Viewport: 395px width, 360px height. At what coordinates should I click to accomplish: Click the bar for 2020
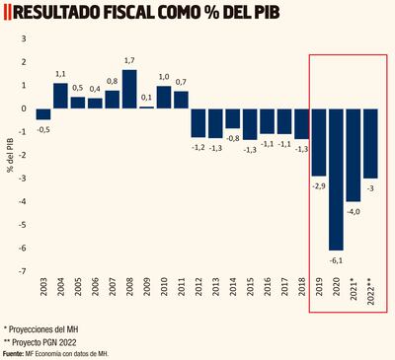(x=337, y=179)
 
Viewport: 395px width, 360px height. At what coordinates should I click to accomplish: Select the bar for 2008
(x=129, y=89)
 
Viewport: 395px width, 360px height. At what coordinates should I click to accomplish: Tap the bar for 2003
(x=43, y=113)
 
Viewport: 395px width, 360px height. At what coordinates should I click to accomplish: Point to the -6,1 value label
(x=337, y=259)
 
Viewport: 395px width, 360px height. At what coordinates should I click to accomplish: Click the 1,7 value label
(x=129, y=61)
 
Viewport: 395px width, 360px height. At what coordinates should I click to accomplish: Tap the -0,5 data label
(x=43, y=128)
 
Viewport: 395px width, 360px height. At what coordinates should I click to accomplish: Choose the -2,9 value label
(x=319, y=184)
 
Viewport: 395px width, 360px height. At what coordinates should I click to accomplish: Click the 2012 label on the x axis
(x=198, y=288)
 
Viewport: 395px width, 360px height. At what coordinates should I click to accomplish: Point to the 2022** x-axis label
(x=371, y=293)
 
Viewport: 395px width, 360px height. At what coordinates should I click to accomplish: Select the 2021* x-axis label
(x=354, y=292)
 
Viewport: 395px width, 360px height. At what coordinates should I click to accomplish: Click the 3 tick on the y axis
(x=24, y=37)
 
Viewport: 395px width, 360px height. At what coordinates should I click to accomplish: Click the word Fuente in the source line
(x=15, y=352)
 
